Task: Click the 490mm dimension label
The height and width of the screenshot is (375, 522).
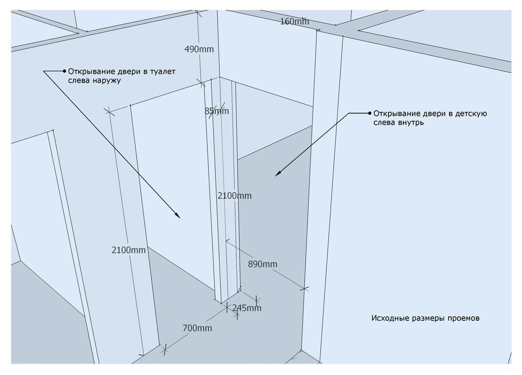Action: [x=199, y=49]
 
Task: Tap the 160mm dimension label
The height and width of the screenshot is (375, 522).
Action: [x=294, y=22]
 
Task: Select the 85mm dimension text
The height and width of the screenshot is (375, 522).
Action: [x=217, y=111]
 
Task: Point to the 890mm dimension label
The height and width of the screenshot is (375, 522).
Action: [x=263, y=264]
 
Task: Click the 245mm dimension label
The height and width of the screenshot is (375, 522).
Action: [x=247, y=308]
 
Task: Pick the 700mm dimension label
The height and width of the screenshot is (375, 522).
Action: [x=197, y=329]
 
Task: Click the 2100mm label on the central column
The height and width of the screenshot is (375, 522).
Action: [x=235, y=196]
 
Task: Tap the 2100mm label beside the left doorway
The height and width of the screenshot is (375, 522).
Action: [x=129, y=250]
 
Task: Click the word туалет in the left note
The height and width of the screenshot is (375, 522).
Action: [x=162, y=72]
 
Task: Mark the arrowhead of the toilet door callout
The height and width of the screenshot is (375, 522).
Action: [x=178, y=215]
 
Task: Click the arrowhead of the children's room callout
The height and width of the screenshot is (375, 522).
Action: [x=277, y=174]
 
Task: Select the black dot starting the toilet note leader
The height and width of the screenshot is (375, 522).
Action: [x=64, y=71]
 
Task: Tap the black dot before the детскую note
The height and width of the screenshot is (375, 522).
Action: [x=369, y=113]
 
